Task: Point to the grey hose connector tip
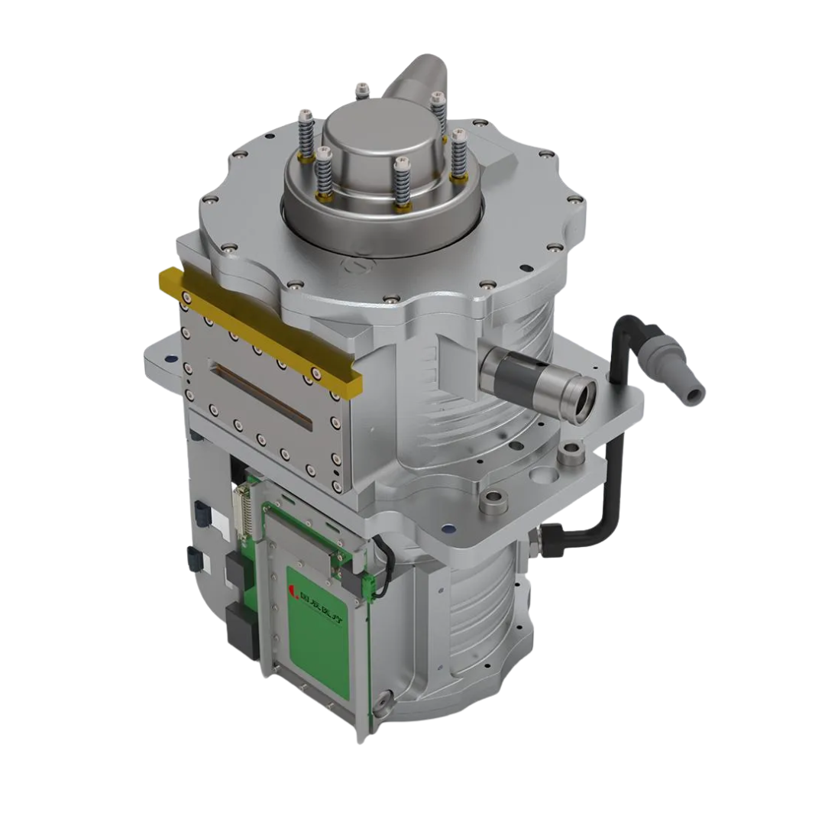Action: (694, 394)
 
